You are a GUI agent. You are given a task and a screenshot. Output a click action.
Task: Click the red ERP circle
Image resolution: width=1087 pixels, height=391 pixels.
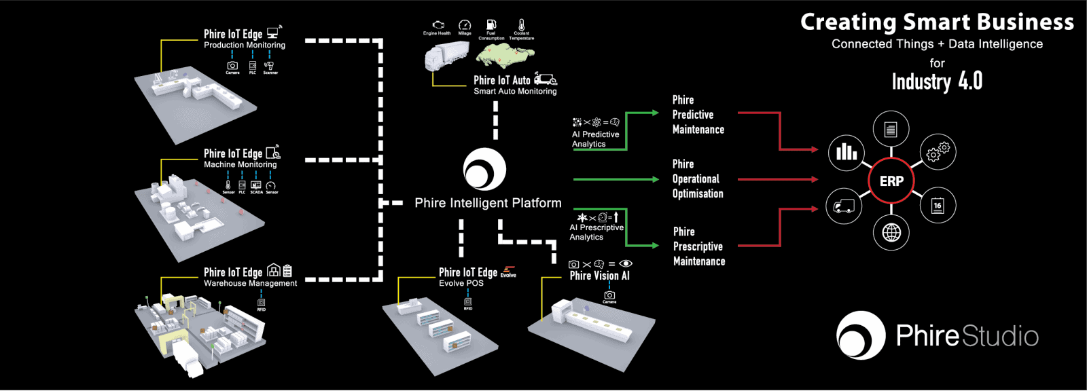click(891, 181)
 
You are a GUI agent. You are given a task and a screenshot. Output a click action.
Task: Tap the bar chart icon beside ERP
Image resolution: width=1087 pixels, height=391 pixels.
click(847, 151)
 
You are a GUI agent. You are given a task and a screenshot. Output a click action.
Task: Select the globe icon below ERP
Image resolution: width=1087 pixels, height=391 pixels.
click(891, 233)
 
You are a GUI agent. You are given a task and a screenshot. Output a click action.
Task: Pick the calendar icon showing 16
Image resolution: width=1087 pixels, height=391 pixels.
click(938, 205)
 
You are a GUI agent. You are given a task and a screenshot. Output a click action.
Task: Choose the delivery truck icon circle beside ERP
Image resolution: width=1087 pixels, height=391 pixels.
click(844, 206)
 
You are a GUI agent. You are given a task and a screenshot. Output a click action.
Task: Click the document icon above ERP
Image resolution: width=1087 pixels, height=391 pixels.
click(891, 129)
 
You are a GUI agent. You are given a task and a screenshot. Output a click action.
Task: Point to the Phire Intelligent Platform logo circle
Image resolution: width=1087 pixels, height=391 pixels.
click(484, 169)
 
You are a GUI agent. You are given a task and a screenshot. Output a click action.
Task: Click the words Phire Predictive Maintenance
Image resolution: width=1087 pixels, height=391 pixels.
click(698, 115)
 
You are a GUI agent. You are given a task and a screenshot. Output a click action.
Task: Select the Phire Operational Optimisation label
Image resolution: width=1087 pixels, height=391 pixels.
click(698, 179)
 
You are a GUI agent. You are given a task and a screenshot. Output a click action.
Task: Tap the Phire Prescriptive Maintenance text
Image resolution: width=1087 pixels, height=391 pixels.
click(698, 246)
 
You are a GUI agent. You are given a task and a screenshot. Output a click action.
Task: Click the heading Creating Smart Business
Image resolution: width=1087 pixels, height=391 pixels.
click(937, 22)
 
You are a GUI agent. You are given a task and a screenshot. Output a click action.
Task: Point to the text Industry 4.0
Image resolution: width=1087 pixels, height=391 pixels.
click(937, 82)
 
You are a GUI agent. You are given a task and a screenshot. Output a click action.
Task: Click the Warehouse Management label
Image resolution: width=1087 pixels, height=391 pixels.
click(250, 283)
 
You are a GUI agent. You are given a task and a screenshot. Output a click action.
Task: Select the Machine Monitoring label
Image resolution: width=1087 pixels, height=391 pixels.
click(240, 164)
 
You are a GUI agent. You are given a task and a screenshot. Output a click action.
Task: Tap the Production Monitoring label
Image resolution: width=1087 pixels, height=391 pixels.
click(245, 45)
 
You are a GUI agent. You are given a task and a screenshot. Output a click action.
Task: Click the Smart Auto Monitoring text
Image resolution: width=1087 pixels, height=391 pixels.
click(515, 91)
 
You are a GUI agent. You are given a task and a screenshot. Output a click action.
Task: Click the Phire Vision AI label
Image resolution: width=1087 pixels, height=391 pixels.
click(599, 276)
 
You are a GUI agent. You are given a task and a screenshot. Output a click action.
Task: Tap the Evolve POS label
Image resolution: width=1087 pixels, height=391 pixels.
click(461, 283)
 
